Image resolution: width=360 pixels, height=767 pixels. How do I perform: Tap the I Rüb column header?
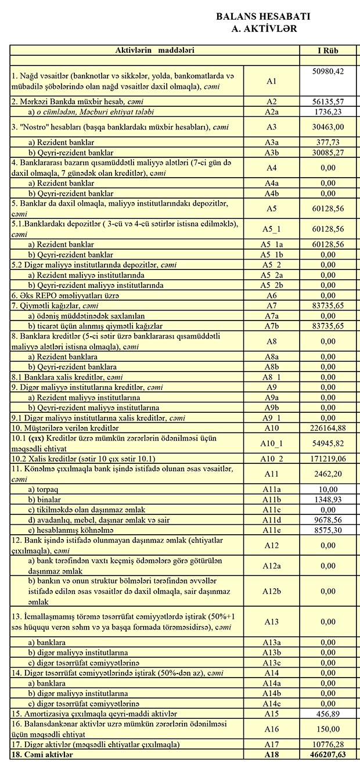(327, 51)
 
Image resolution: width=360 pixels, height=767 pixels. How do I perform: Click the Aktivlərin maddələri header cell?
(154, 51)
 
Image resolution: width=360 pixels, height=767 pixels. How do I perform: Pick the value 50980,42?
(327, 71)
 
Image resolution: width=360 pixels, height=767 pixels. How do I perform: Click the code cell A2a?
(271, 111)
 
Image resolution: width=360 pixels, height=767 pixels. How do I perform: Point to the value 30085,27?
(327, 152)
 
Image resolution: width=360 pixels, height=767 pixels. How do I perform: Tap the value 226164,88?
(327, 428)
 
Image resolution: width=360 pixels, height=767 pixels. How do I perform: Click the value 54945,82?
(327, 443)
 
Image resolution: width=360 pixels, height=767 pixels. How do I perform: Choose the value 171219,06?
(327, 458)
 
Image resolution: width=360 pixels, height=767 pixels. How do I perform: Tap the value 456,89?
(327, 714)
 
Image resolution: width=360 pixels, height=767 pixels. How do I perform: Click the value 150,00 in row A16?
(327, 729)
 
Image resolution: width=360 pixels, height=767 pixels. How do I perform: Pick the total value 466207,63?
(327, 754)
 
